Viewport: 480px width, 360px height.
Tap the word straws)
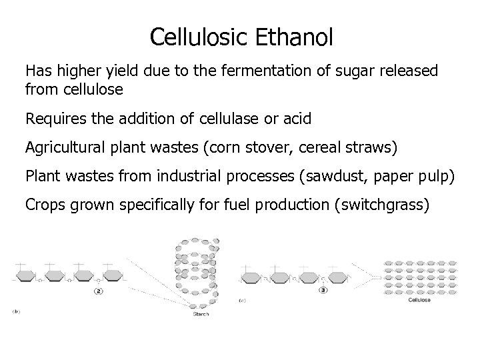coord(371,148)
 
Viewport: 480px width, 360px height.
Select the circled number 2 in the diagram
coord(99,291)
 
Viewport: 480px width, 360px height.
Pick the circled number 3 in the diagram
coord(323,291)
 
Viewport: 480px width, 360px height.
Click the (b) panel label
coord(15,311)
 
